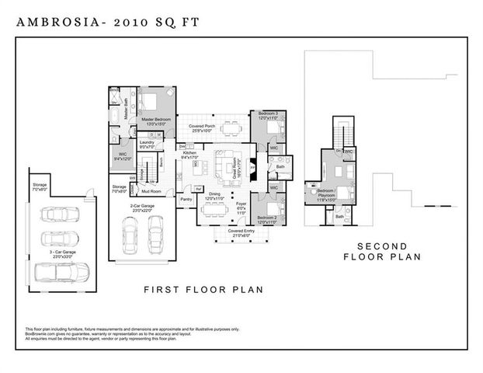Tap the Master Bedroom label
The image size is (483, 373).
pos(156,121)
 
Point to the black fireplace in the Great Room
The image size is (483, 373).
pos(252,166)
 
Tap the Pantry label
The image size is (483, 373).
pos(186,200)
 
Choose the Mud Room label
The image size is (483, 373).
pos(151,190)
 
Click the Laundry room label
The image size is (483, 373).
pos(148,144)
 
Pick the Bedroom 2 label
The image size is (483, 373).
pos(269,218)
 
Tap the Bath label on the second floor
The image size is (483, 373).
pos(340,217)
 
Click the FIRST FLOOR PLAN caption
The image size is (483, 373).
pos(204,290)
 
